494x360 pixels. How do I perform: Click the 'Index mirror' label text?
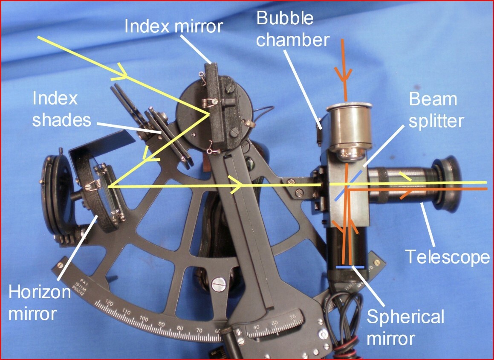(x=173, y=26)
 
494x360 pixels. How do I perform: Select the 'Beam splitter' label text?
(x=436, y=110)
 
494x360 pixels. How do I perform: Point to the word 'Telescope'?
(x=448, y=257)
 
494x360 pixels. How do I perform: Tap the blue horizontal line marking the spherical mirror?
(x=350, y=267)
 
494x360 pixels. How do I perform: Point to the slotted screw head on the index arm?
(x=218, y=283)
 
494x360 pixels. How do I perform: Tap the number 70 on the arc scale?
(x=199, y=330)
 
